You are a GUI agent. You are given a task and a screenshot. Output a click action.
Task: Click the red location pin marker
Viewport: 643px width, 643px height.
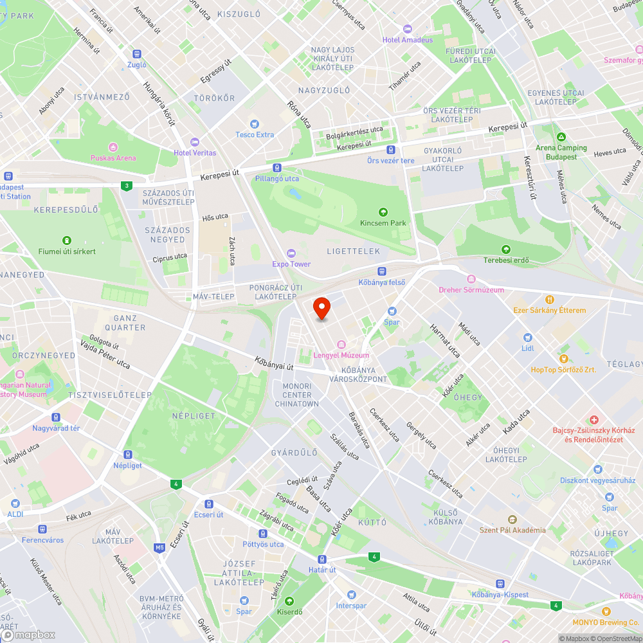tap(321, 309)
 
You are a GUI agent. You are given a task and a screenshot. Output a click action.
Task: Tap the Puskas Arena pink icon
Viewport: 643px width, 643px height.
tap(113, 147)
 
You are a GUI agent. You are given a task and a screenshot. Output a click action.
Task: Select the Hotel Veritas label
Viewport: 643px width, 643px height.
tap(195, 152)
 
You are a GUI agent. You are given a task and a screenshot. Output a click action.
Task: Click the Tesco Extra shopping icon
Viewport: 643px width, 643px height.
tap(255, 124)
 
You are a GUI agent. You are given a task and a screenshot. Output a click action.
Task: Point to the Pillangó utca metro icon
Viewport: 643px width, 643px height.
tap(276, 167)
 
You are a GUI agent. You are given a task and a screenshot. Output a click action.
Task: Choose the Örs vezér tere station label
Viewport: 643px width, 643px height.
tap(390, 160)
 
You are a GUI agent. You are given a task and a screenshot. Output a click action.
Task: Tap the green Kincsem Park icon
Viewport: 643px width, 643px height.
tap(383, 212)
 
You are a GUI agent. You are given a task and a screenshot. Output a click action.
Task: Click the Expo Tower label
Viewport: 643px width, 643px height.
tap(291, 264)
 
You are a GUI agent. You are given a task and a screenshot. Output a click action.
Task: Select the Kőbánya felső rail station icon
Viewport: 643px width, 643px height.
tap(382, 271)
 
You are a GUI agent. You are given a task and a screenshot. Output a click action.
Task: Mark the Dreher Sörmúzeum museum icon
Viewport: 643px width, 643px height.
tap(471, 279)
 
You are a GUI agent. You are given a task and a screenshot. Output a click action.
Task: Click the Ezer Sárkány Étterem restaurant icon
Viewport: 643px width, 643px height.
tap(550, 300)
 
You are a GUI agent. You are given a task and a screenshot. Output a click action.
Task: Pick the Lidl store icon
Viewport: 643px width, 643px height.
tap(527, 338)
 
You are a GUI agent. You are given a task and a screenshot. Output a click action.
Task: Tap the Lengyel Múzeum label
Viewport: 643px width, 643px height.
tap(341, 356)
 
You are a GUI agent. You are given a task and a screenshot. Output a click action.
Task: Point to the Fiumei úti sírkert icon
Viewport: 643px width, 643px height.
tap(67, 240)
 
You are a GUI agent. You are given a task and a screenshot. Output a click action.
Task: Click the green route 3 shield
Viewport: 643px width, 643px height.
tap(127, 186)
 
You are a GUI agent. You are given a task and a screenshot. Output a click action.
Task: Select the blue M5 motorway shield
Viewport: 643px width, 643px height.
tap(159, 548)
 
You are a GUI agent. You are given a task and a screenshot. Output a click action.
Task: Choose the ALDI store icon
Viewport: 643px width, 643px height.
tap(15, 504)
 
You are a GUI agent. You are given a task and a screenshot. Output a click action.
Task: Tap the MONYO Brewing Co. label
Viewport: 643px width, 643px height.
tap(606, 622)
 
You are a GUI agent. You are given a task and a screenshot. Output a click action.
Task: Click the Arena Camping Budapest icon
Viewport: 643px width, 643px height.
tap(562, 137)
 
